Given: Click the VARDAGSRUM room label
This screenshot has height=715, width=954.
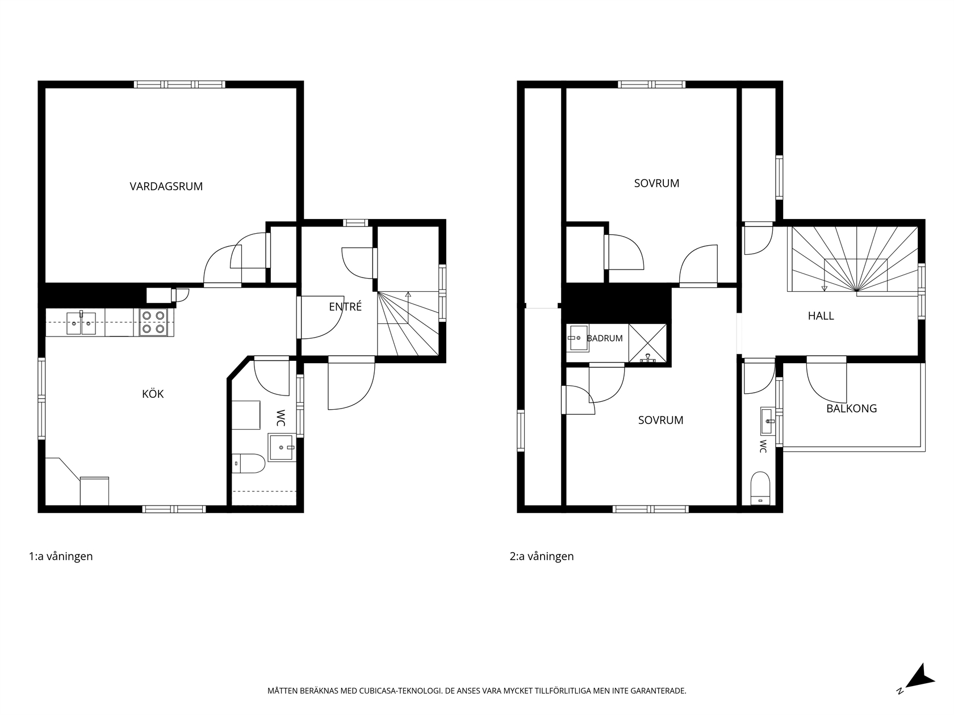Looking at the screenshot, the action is [166, 186].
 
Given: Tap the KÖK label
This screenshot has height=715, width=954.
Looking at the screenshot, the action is [153, 393].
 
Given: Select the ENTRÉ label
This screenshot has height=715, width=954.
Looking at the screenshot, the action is [345, 306].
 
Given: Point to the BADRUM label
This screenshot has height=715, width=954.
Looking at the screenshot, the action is [605, 338].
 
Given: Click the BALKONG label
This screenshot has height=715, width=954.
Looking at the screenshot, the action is [851, 408].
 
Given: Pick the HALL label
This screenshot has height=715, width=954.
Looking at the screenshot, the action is [821, 316].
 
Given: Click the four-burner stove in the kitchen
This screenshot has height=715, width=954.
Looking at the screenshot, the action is [153, 322].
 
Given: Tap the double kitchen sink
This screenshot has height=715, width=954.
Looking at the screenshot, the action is [81, 323].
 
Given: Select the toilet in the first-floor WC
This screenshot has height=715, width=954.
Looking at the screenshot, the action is [248, 463].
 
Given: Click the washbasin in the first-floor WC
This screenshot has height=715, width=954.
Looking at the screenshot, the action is [282, 447].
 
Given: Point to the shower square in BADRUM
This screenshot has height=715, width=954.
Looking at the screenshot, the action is [647, 343].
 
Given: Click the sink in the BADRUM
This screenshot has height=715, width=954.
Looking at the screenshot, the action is [578, 338].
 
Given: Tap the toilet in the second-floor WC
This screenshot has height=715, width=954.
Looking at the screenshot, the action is [760, 489].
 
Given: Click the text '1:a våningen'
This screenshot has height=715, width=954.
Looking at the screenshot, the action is [61, 556].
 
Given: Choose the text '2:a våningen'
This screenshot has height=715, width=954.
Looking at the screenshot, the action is [542, 556].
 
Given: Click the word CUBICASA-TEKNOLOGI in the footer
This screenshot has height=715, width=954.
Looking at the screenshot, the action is [399, 691].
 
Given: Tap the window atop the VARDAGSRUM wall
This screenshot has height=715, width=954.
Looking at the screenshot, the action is [179, 84].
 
